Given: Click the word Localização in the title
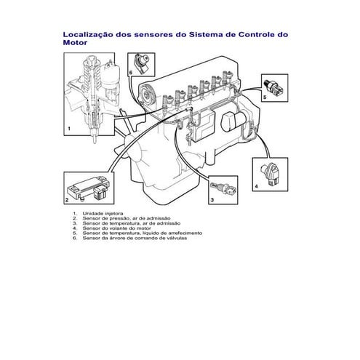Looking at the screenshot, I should pyautogui.click(x=89, y=33).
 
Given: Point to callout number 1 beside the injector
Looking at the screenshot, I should pyautogui.click(x=68, y=129).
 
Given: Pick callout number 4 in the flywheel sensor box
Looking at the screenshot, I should pyautogui.click(x=255, y=185).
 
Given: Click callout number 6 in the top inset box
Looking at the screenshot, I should pyautogui.click(x=131, y=73).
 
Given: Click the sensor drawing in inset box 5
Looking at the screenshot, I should pyautogui.click(x=279, y=85).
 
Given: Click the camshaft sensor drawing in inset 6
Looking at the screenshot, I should pyautogui.click(x=141, y=61).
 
